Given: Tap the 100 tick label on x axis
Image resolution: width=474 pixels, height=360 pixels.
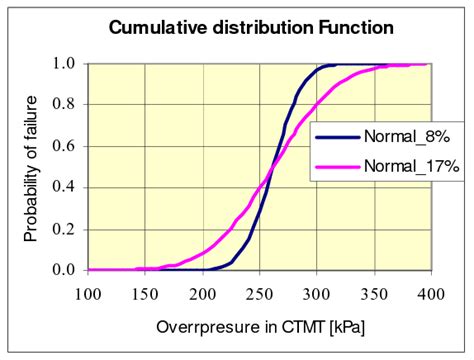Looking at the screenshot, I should [89, 292].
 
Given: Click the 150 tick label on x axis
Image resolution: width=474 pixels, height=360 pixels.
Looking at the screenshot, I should [146, 292].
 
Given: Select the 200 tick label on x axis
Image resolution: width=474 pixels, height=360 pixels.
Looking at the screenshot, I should [203, 292].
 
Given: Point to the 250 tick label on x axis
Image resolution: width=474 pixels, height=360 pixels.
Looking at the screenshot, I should [259, 292].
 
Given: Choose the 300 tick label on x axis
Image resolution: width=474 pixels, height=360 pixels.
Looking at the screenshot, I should [315, 292].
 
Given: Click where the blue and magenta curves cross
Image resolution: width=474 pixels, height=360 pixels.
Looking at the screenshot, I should [270, 166].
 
